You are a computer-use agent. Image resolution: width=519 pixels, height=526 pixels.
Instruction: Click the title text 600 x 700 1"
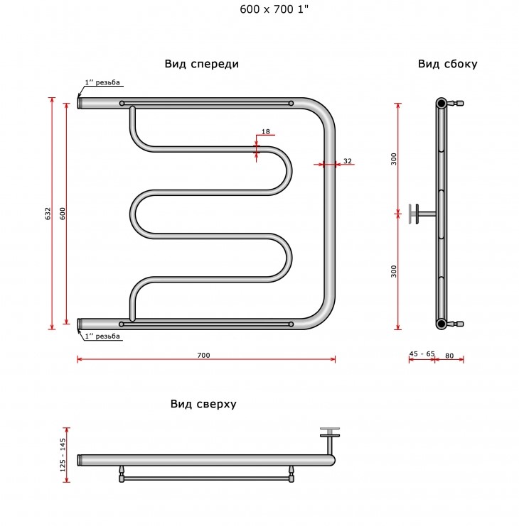(274, 9)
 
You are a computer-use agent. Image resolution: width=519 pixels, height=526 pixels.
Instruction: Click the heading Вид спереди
(201, 64)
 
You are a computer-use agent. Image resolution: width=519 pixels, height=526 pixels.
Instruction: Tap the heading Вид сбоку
(447, 64)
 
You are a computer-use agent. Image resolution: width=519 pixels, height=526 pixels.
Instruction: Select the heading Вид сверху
(203, 404)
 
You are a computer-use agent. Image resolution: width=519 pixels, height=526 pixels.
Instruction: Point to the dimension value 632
(48, 214)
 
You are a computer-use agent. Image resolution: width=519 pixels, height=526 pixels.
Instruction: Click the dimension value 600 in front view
(63, 214)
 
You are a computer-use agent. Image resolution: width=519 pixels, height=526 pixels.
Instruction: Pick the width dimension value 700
(203, 355)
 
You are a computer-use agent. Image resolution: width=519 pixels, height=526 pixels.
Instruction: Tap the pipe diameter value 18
(265, 131)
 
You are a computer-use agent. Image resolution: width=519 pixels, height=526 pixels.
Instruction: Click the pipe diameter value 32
(348, 161)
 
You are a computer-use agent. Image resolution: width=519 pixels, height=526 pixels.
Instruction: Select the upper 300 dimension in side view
(394, 159)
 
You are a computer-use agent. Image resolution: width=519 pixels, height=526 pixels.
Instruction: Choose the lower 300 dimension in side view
(394, 271)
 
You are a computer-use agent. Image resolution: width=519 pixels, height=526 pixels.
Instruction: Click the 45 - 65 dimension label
(422, 354)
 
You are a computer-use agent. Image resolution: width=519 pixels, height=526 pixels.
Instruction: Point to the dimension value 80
(449, 356)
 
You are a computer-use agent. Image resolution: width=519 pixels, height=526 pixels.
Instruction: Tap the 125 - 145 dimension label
(63, 455)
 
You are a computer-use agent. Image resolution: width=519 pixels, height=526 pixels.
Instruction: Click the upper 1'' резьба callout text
(102, 82)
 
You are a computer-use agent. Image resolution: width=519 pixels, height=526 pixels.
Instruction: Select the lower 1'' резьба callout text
(102, 336)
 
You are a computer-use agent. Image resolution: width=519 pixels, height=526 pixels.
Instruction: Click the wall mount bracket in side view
(422, 214)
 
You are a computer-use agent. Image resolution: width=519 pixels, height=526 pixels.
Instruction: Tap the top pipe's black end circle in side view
(441, 103)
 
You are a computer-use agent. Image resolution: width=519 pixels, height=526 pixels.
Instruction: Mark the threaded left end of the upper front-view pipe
(80, 103)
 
